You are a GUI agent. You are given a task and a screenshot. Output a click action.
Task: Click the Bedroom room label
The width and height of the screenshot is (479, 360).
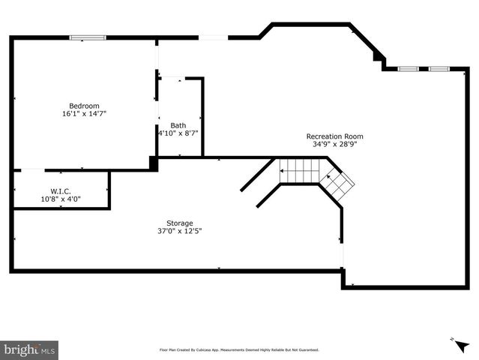(x=84, y=106)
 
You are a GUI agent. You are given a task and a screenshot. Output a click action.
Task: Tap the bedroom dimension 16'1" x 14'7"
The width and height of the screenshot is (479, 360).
(x=84, y=114)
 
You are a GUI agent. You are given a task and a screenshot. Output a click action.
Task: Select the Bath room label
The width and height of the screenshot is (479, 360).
(x=178, y=125)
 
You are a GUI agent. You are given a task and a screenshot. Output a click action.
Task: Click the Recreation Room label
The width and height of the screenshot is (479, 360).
(x=334, y=136)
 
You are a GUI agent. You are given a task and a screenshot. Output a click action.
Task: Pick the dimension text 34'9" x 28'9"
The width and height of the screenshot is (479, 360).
(x=334, y=144)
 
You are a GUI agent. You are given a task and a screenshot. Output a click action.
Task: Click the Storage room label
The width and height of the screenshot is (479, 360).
(x=180, y=223)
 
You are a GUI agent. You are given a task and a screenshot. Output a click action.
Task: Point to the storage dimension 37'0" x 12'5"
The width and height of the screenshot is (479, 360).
(x=180, y=231)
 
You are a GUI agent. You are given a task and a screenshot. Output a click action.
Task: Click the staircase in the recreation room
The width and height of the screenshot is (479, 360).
(x=315, y=174)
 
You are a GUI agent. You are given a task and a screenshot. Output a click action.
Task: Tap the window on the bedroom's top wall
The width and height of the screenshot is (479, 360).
(x=87, y=37)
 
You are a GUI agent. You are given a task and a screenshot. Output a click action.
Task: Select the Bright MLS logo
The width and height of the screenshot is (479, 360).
(x=30, y=349)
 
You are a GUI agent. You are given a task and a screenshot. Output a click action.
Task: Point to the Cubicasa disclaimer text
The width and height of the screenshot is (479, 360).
(x=239, y=349)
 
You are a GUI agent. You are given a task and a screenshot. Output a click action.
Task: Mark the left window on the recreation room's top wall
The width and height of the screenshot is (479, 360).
(x=408, y=69)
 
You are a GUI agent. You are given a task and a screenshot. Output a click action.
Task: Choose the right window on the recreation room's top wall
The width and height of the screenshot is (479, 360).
(x=439, y=69)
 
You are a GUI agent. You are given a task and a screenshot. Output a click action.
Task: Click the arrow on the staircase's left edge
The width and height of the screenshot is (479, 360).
(x=282, y=172)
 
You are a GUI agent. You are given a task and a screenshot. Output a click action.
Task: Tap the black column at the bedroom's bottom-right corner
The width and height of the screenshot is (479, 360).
(x=154, y=163)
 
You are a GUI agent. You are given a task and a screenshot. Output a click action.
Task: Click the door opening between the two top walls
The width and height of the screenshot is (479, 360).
(x=214, y=37)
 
